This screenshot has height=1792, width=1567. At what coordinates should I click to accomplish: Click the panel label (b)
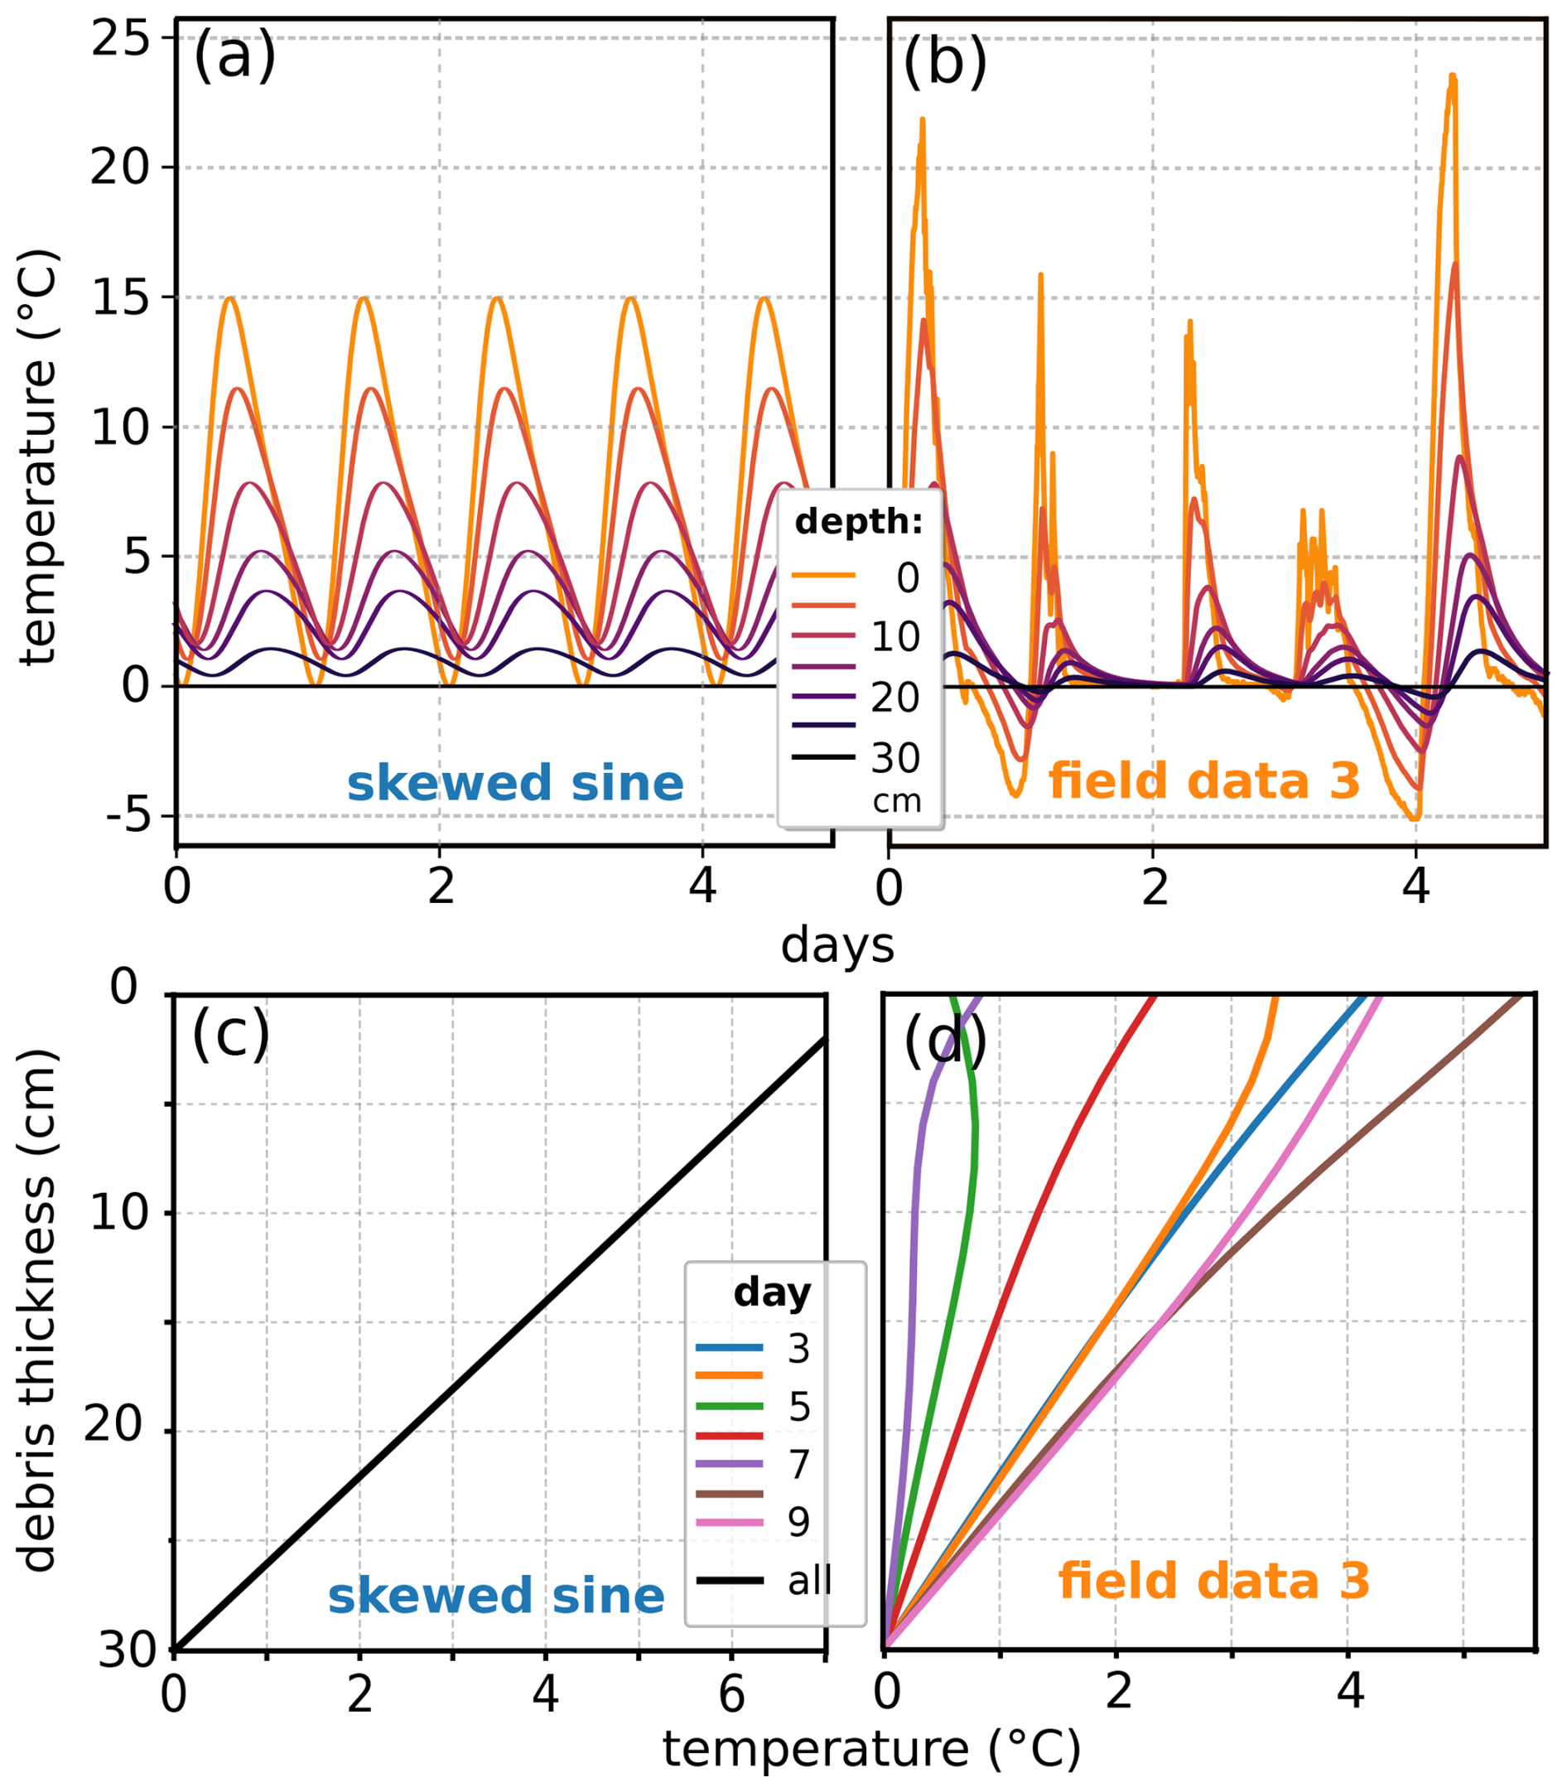[944, 61]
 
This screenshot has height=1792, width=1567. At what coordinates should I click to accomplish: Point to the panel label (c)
[231, 1035]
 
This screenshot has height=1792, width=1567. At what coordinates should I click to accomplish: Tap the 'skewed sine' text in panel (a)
[515, 783]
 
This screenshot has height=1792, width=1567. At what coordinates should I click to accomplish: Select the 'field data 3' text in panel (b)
[1204, 780]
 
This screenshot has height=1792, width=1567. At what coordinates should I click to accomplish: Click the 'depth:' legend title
[859, 522]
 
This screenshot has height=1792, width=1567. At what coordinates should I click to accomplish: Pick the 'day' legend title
[772, 1292]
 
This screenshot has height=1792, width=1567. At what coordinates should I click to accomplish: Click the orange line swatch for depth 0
[824, 575]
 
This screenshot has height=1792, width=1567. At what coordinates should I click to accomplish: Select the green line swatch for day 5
[730, 1406]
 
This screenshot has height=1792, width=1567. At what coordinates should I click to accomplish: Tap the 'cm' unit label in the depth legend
[897, 801]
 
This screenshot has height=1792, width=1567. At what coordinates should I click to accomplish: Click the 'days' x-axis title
[837, 946]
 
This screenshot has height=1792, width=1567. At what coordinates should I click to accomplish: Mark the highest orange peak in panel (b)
[1453, 77]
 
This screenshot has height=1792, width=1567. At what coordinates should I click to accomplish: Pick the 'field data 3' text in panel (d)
[1213, 1582]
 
